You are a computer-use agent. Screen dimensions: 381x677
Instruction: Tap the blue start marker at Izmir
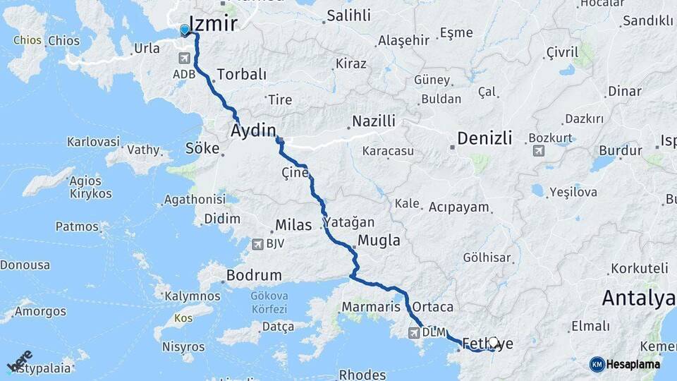point(185,30)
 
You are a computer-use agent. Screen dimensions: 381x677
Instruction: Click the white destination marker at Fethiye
point(494,342)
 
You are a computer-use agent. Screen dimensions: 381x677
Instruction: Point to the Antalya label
point(638,298)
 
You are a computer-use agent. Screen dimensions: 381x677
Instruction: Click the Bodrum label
point(253,275)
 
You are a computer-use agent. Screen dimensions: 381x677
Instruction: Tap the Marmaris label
point(371,307)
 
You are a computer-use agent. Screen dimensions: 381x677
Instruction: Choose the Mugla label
point(379,241)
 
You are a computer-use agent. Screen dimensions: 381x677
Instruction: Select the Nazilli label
point(373,121)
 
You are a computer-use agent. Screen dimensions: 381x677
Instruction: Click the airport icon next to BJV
point(258,244)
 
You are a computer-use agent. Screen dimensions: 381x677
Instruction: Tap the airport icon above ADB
point(184,59)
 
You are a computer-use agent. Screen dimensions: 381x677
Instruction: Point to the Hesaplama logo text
point(633,364)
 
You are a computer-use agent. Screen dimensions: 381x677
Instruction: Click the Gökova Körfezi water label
point(269,303)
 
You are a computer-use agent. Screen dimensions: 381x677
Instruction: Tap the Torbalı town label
point(242,74)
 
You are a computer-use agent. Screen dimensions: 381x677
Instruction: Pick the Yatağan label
point(349,222)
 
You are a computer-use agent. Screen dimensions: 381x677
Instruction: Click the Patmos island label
point(77,226)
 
